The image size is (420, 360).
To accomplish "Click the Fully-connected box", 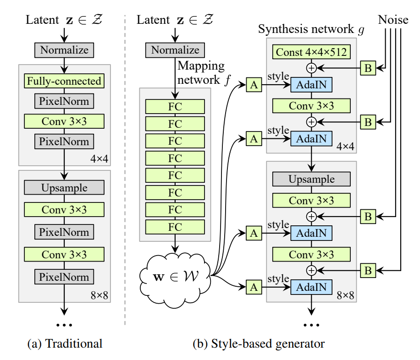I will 64,82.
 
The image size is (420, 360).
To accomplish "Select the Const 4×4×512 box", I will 311,53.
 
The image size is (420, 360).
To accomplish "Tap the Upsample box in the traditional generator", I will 64,187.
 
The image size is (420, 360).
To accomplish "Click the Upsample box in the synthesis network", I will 311,179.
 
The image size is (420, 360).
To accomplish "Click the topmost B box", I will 368,68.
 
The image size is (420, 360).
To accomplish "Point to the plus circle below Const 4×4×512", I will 312,68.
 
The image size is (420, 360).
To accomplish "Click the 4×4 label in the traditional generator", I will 99,159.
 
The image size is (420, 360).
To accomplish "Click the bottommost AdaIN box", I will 312,287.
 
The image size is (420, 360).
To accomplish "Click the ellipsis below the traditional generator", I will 64,325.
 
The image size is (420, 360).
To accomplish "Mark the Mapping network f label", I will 202,72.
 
